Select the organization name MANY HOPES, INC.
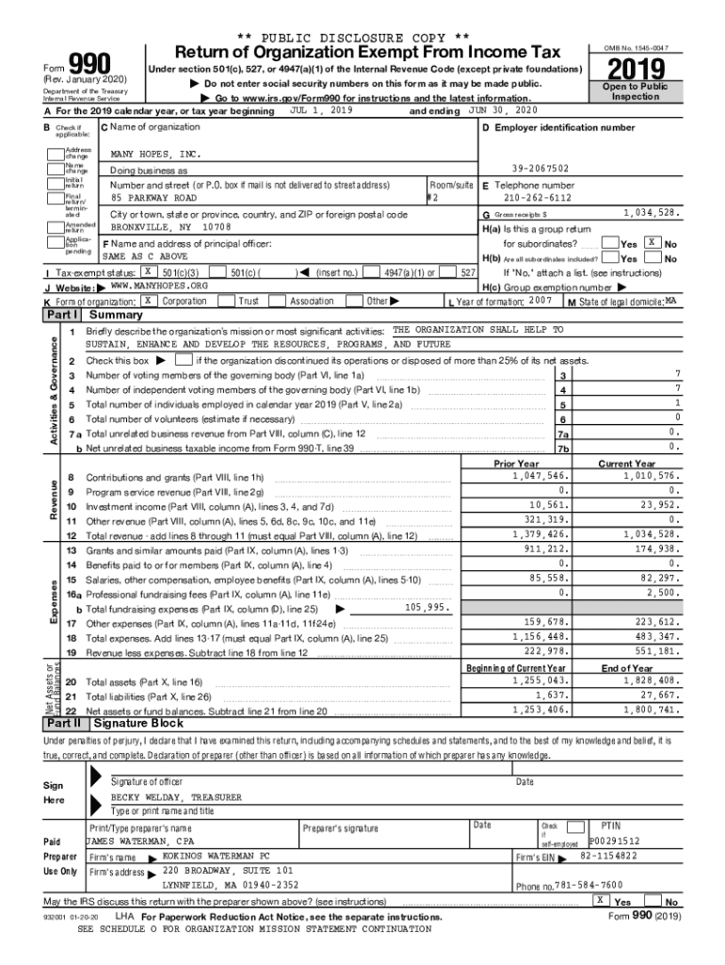156,154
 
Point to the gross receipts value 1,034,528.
649,214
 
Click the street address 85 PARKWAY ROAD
153,199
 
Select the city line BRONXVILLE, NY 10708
169,227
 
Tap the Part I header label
63,314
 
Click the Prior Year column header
516,464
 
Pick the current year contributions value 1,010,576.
649,476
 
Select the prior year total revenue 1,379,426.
540,534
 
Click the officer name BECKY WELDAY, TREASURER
176,796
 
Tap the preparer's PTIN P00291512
614,841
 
